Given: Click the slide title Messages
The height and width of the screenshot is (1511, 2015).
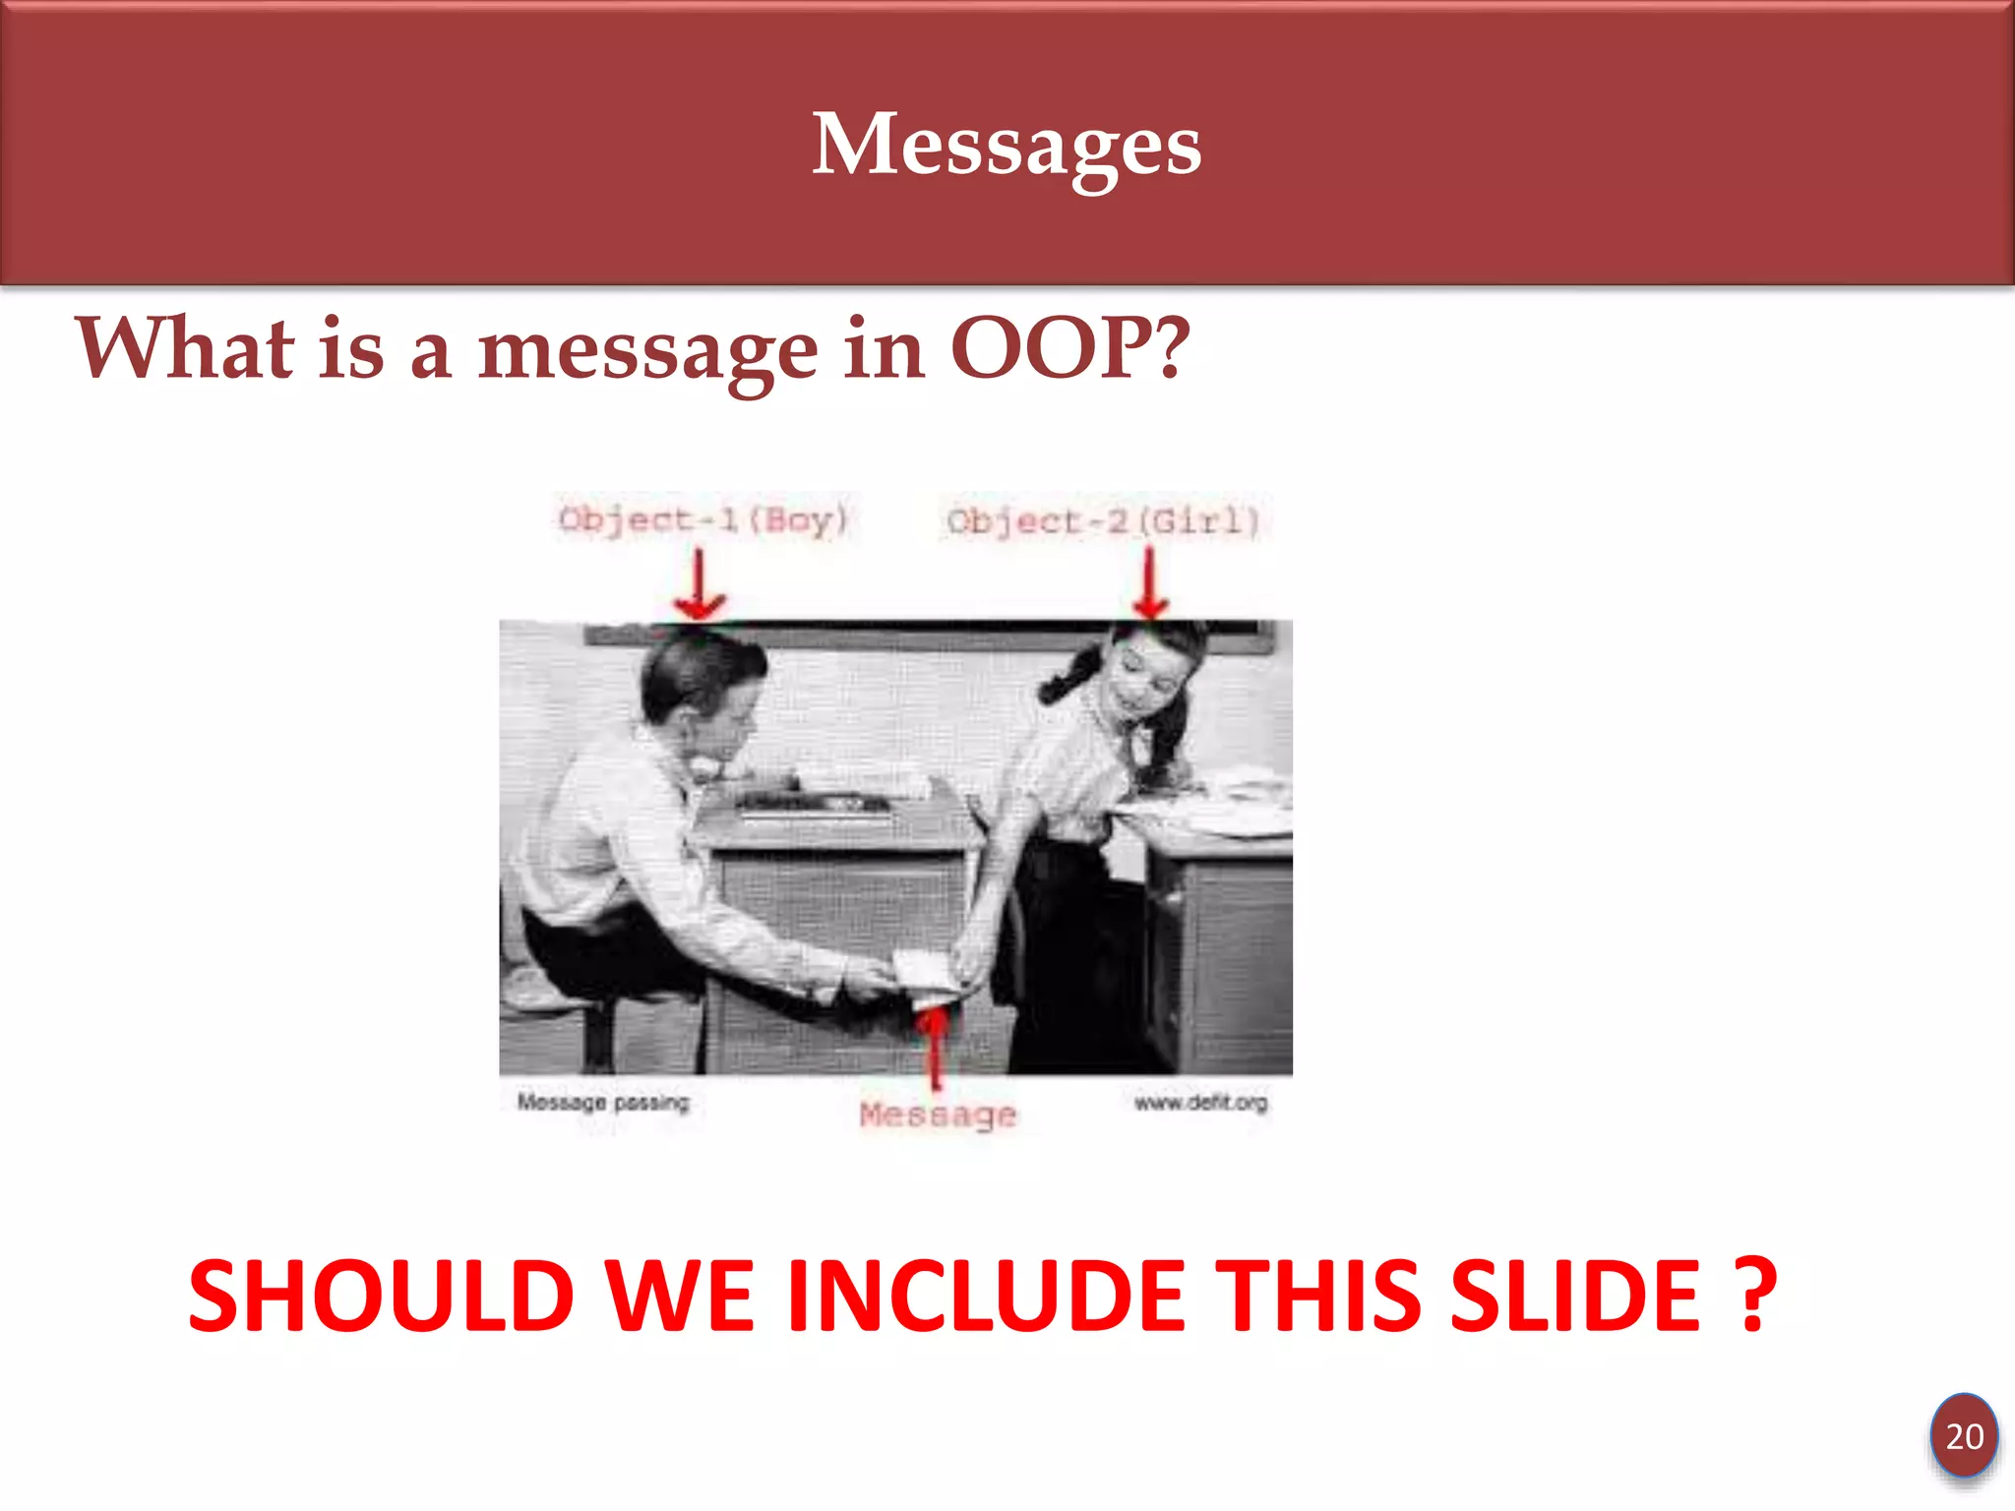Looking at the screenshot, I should (1007, 146).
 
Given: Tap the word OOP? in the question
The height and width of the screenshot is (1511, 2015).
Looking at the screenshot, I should (1069, 348).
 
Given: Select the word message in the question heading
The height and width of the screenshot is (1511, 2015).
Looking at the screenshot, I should (647, 352).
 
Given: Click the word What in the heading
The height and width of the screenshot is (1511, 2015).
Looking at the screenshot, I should (185, 348).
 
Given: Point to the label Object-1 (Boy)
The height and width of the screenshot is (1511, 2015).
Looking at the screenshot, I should (702, 519).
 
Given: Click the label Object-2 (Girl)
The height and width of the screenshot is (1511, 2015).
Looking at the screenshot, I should (1103, 521).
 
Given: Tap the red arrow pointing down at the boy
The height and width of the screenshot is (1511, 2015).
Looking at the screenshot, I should (699, 586).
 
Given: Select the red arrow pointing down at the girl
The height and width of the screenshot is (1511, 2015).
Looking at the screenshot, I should (1149, 586).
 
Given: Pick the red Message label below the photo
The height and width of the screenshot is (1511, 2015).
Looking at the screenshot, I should (937, 1115).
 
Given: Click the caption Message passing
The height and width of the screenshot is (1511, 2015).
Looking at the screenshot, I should (603, 1102).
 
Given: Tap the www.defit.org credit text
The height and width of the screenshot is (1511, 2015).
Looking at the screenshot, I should (1200, 1103).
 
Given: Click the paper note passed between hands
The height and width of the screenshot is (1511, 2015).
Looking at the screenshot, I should (923, 969).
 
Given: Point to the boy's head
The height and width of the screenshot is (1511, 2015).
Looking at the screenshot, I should (701, 679).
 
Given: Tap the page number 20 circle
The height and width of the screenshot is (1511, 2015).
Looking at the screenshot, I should (1964, 1436).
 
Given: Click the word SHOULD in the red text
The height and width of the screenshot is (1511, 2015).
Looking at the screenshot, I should (381, 1297).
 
